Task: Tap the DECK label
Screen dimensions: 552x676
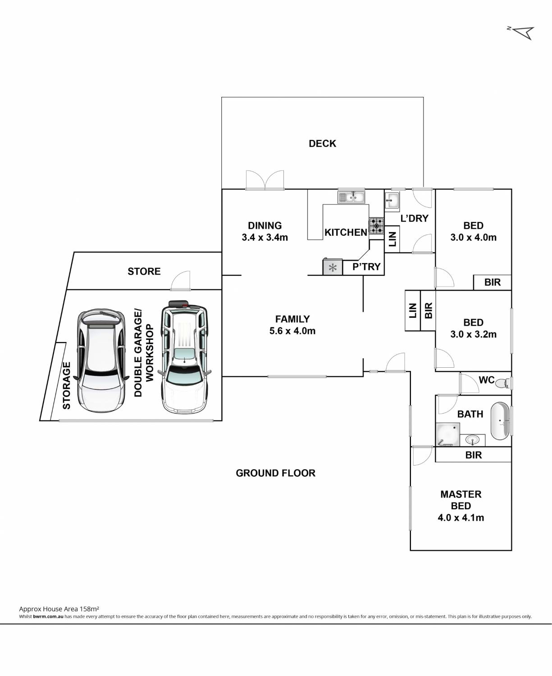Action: [x=322, y=144]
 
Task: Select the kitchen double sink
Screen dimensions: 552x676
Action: [x=351, y=197]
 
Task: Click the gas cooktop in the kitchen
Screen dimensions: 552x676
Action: [x=376, y=226]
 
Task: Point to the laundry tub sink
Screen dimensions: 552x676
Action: [x=392, y=201]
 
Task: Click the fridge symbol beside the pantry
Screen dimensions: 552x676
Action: [x=333, y=267]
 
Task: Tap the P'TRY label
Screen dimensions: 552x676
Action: [x=366, y=267]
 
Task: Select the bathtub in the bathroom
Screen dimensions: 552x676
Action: [x=500, y=421]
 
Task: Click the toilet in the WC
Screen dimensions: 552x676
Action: [x=504, y=383]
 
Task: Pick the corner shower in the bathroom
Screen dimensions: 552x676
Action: [x=447, y=434]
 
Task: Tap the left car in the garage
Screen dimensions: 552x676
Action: [x=100, y=360]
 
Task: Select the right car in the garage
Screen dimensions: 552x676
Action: [x=184, y=357]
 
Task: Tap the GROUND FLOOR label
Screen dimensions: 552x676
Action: [x=275, y=473]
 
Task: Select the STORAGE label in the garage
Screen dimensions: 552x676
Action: [x=66, y=386]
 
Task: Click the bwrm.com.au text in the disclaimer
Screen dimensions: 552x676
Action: [x=48, y=617]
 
